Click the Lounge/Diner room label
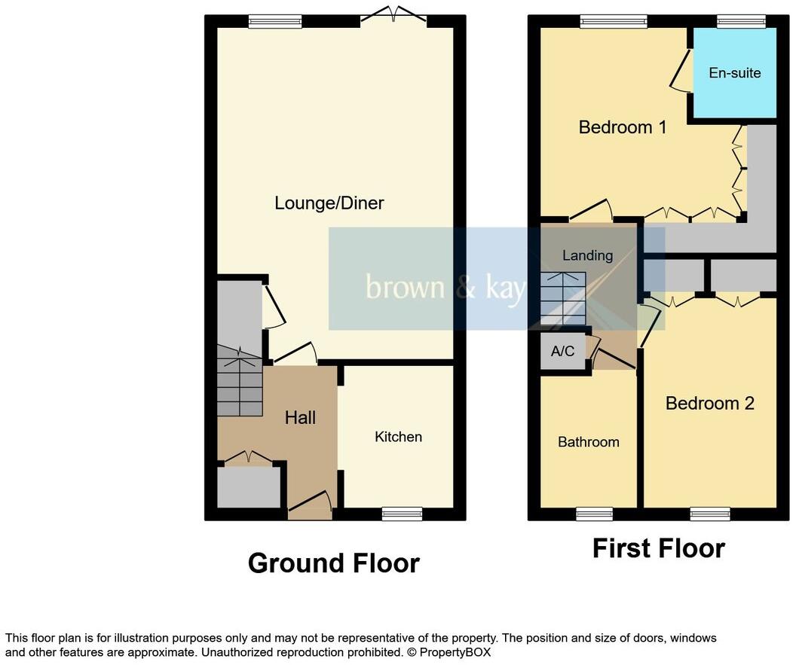pyautogui.click(x=329, y=203)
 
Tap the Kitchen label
pyautogui.click(x=398, y=437)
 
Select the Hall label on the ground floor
pyautogui.click(x=300, y=417)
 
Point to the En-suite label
pyautogui.click(x=734, y=73)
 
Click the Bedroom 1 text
pyautogui.click(x=622, y=127)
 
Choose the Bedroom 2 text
pyautogui.click(x=709, y=403)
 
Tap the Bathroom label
pyautogui.click(x=588, y=441)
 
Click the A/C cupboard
pyautogui.click(x=562, y=352)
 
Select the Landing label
pyautogui.click(x=587, y=255)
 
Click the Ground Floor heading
pyautogui.click(x=333, y=563)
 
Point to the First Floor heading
pyautogui.click(x=658, y=548)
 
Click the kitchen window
pyautogui.click(x=402, y=514)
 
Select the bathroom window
pyautogui.click(x=593, y=514)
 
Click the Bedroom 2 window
pyautogui.click(x=709, y=514)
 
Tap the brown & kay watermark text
pyautogui.click(x=445, y=288)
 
